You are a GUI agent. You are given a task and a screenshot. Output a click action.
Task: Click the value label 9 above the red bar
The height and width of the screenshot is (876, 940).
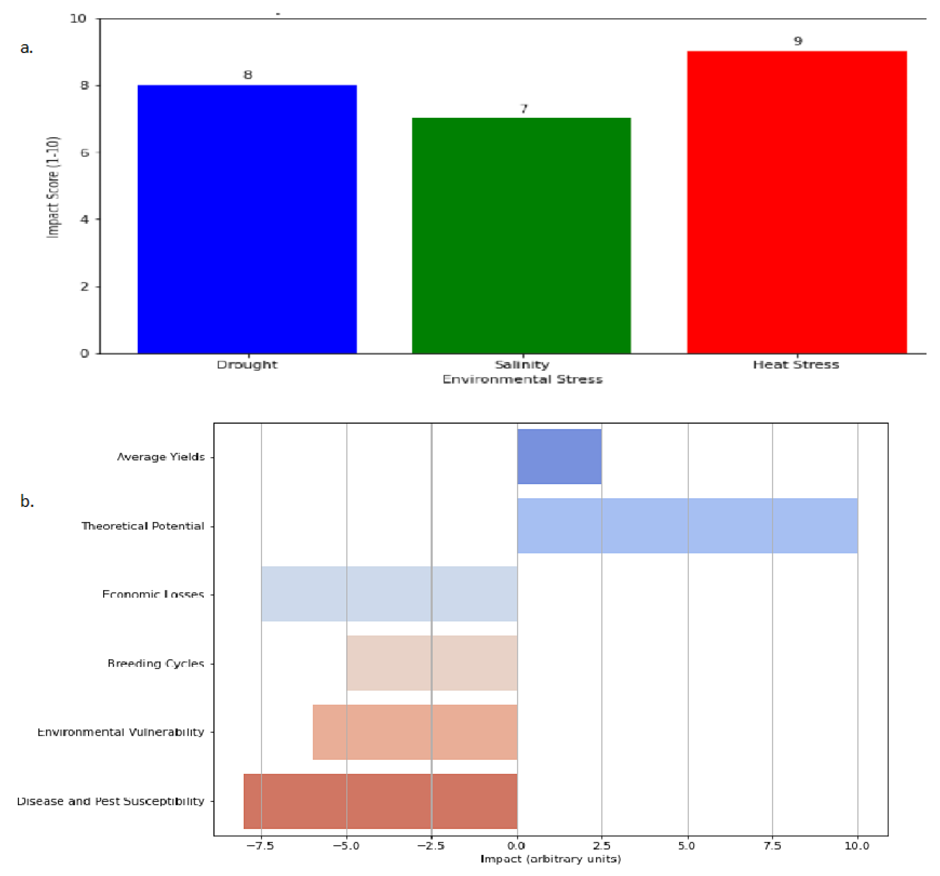point(798,41)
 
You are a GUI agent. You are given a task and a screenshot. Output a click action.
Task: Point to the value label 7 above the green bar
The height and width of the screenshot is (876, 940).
point(523,109)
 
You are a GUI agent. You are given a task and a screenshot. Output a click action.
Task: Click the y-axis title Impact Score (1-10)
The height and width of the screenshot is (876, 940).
point(53,187)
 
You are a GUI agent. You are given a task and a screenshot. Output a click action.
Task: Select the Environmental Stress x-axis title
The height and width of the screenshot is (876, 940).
point(523,379)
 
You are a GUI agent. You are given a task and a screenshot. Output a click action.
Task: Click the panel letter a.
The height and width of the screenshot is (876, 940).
point(27,48)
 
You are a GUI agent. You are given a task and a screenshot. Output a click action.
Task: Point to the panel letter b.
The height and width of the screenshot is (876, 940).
point(27,501)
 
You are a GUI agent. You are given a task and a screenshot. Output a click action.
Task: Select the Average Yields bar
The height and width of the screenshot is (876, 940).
point(559,456)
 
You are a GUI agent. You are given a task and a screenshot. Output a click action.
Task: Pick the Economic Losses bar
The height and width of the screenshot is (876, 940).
point(389,594)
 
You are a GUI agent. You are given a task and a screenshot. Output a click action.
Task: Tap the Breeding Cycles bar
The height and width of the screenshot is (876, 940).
point(432,663)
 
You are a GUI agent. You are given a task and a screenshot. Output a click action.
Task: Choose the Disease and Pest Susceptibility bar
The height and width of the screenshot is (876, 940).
point(380,801)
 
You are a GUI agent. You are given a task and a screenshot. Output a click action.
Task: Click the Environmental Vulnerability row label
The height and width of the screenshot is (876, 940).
point(121,732)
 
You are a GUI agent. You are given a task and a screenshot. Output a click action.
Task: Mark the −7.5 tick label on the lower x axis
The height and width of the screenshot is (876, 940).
point(261,845)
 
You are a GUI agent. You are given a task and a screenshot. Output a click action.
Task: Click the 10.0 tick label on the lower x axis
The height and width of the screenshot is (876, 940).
point(857,845)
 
